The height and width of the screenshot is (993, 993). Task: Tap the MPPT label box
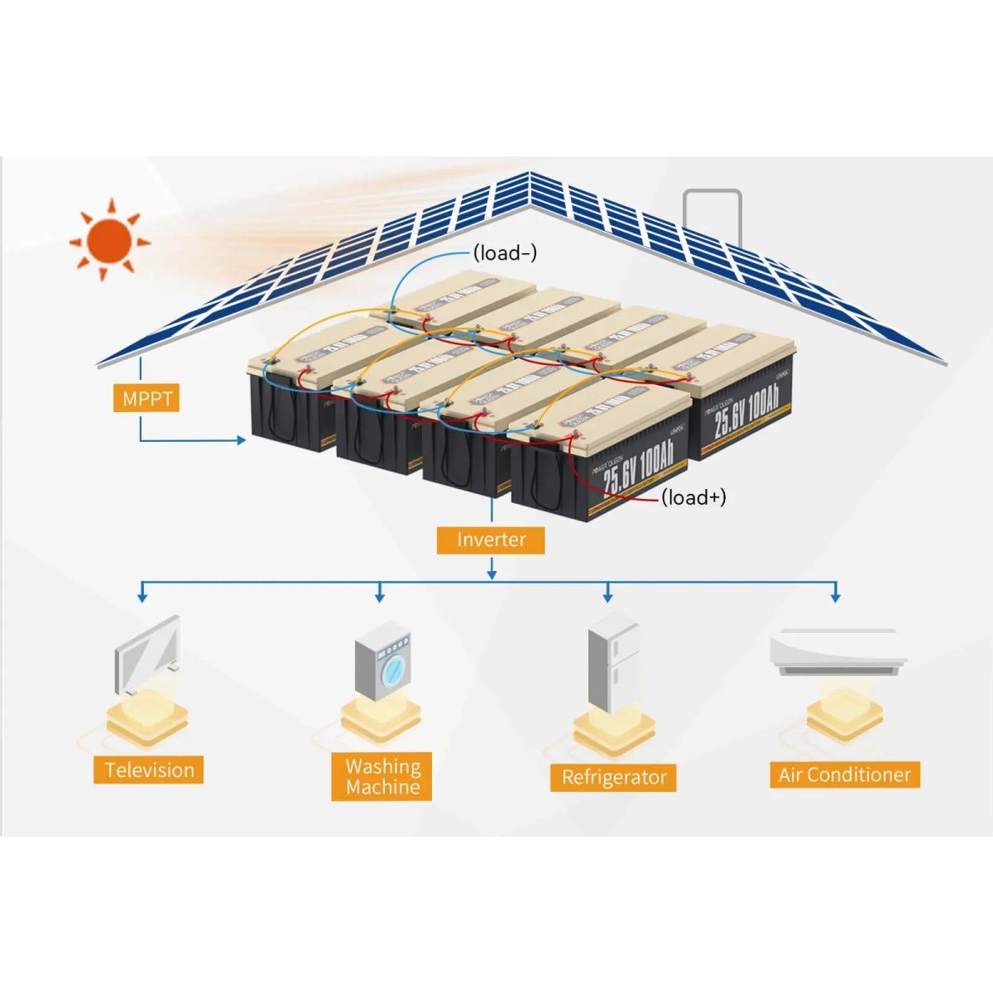[146, 399]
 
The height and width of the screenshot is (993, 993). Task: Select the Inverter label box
[492, 540]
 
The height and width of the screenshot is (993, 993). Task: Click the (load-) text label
[505, 252]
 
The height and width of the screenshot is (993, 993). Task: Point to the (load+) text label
[693, 496]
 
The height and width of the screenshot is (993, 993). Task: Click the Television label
[149, 770]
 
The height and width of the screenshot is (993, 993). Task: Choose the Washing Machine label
[382, 776]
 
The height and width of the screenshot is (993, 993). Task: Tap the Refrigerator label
[613, 777]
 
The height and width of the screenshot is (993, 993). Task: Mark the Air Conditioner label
[844, 775]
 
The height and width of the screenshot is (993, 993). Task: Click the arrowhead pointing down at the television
[142, 596]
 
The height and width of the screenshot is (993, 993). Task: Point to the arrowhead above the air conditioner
[835, 596]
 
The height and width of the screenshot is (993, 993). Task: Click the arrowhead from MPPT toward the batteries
[241, 440]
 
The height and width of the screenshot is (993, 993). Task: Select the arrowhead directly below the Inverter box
[492, 573]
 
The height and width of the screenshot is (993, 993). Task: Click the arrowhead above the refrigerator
[608, 596]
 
